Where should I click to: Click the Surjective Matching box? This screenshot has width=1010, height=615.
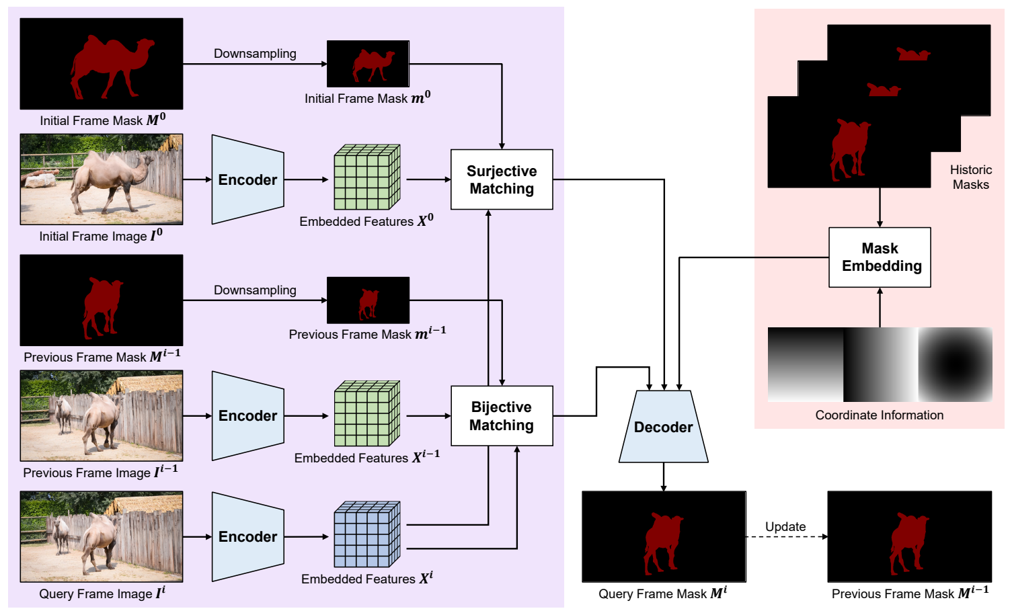coord(502,179)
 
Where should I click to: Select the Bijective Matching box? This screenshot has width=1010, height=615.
coord(502,416)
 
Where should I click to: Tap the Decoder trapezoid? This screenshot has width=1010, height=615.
coord(663,427)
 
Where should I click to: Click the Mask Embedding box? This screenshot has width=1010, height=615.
coord(880,257)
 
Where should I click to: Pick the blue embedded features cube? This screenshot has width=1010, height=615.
coord(366,534)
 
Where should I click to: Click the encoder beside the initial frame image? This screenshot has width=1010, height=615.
coord(247,179)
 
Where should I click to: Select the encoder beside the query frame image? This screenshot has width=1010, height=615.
coord(247,536)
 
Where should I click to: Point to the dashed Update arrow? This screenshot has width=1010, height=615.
coord(785,537)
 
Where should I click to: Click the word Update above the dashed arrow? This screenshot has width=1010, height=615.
coord(785,526)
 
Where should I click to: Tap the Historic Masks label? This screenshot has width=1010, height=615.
coord(970,177)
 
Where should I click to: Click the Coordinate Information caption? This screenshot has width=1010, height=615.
coord(879,415)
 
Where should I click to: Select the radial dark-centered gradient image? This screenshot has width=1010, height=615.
coord(955,364)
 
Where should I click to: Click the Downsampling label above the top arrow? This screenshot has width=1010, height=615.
coord(255,54)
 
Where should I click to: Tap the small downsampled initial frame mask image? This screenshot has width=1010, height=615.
coord(368,64)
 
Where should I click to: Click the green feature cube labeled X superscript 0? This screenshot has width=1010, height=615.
coord(366,177)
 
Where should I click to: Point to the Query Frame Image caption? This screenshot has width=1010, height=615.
coord(102,593)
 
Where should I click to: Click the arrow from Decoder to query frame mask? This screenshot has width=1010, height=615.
coord(664,477)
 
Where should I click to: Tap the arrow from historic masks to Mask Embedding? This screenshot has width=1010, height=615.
coord(880,208)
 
